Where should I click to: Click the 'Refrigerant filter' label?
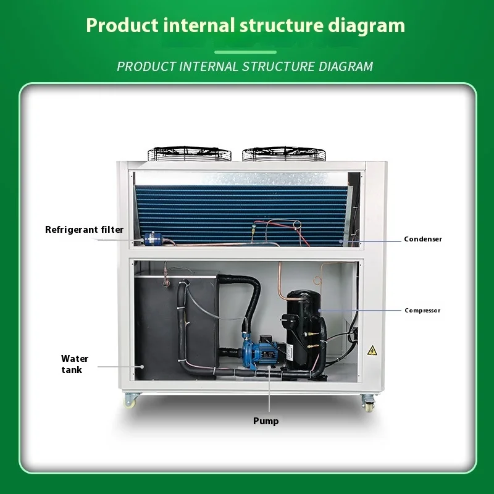(84, 230)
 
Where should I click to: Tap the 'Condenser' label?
(423, 239)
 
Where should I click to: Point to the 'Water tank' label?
(74, 364)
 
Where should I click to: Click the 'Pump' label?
(266, 421)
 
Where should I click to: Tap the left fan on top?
(188, 153)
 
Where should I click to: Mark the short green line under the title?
(246, 52)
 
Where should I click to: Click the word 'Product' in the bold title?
(117, 26)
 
